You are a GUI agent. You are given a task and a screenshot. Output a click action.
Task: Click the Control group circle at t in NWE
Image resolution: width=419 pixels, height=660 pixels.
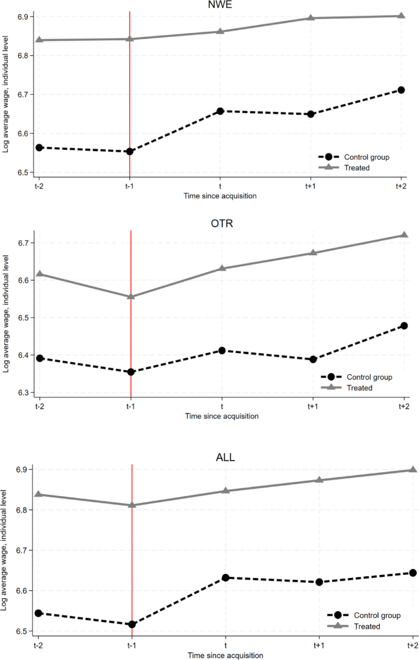[x=220, y=111]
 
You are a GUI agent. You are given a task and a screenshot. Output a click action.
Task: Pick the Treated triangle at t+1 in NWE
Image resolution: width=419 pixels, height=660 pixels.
[x=311, y=18]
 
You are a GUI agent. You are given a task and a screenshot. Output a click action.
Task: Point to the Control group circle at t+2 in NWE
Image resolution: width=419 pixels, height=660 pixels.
[x=401, y=90]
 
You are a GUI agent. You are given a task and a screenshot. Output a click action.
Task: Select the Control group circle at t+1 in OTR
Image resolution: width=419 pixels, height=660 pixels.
[x=313, y=359]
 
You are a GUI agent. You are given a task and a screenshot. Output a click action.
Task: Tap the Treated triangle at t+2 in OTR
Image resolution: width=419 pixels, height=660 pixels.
[x=404, y=235]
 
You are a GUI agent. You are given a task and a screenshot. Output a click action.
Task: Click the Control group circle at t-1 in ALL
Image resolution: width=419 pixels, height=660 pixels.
[x=132, y=624]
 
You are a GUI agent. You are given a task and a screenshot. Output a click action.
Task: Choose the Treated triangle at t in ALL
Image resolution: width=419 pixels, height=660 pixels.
[x=225, y=491]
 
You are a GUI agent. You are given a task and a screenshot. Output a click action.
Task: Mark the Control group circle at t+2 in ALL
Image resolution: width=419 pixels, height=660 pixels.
[x=413, y=573]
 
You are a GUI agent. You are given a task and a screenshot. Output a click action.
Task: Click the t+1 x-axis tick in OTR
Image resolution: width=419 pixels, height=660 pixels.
[x=313, y=406]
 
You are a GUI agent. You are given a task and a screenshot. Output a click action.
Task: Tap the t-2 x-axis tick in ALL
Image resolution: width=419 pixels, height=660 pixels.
[x=38, y=645]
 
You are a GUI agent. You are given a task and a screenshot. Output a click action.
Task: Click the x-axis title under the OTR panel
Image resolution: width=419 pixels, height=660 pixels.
[x=221, y=416]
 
